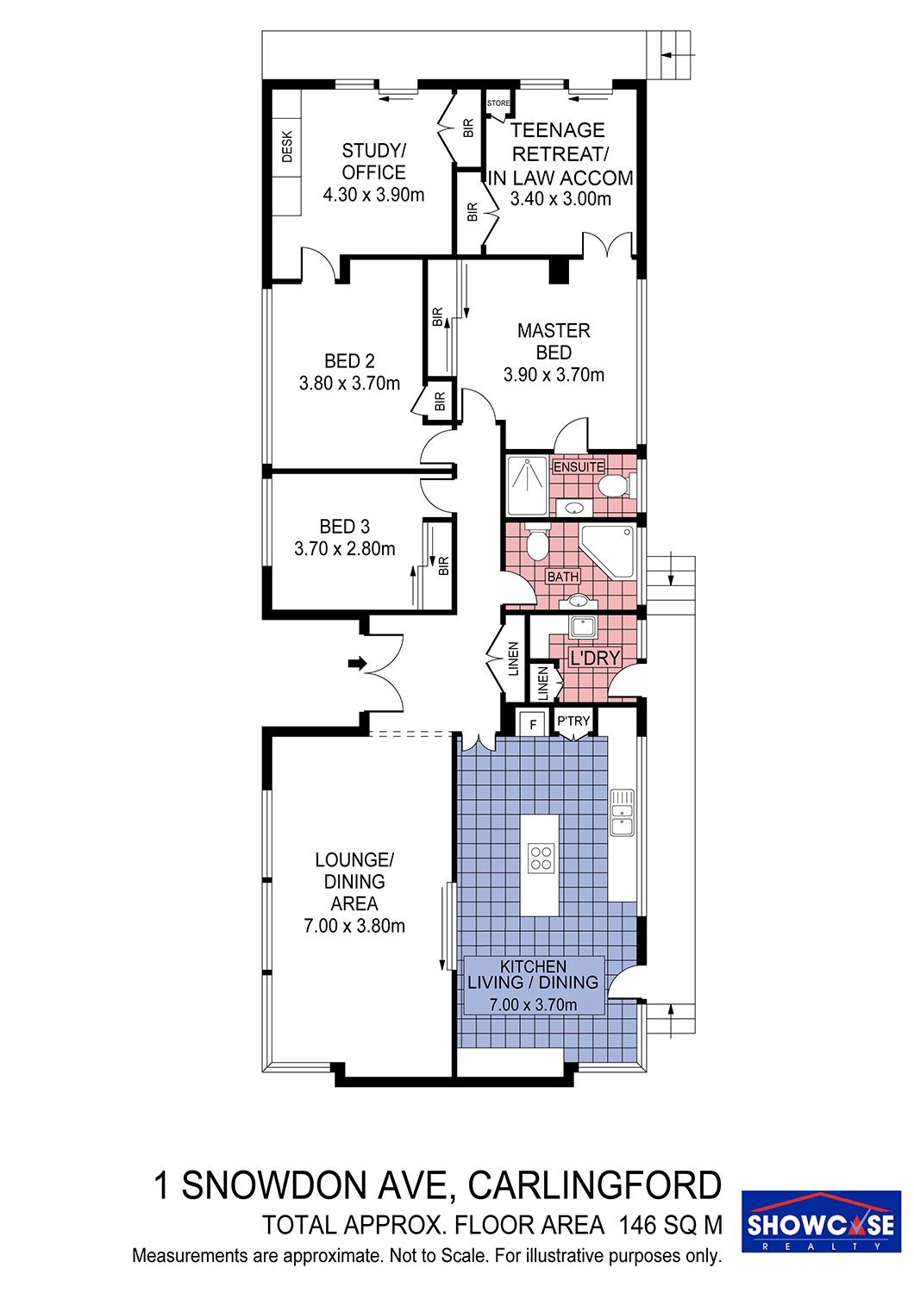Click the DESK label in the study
[287, 147]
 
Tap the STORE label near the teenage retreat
[498, 103]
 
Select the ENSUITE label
[579, 466]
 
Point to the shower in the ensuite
[527, 485]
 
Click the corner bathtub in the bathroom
[609, 552]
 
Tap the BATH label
[563, 576]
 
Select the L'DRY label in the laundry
[595, 658]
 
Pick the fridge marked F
[533, 724]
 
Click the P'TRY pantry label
[573, 721]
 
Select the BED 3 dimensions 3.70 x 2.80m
[345, 547]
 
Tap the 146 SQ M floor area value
[671, 1225]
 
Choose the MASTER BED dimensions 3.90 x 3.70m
[554, 375]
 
